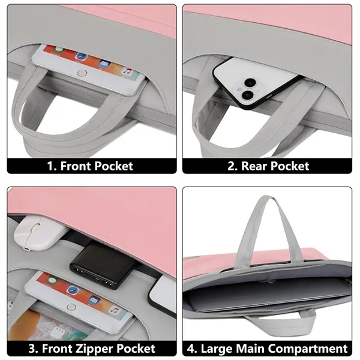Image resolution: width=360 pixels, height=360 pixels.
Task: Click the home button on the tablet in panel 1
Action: [x=83, y=73]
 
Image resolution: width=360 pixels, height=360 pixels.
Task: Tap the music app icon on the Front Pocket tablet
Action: [x=127, y=70]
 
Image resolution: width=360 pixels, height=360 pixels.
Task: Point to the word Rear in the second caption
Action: [x=255, y=166]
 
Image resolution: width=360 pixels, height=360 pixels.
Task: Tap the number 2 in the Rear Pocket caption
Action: [x=231, y=166]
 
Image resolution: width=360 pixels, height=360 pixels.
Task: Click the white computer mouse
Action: [x=29, y=230]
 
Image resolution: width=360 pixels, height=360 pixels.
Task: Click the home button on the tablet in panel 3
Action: [x=72, y=307]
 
